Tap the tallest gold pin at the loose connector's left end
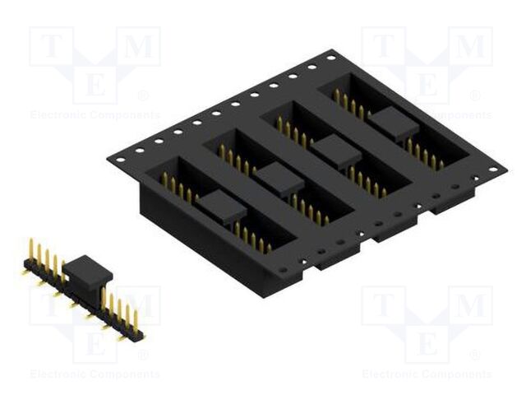pos(31,249)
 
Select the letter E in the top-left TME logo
pos(95,85)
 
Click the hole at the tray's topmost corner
pos(330,58)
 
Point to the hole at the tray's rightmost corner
pos(493,170)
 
